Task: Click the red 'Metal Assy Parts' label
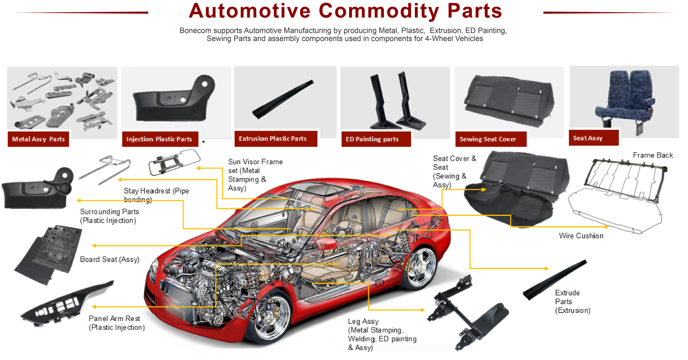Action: point(38,139)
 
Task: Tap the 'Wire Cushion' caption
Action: point(581,236)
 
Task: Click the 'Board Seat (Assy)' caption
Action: point(110,260)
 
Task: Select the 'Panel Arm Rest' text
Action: point(114,319)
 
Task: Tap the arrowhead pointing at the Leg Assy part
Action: point(422,310)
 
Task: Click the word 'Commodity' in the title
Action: point(379,11)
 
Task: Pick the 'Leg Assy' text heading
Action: point(363,322)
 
